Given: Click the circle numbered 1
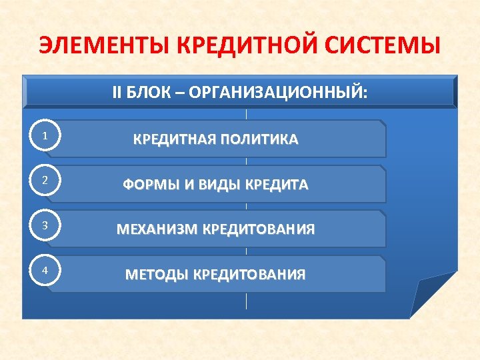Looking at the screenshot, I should point(44,136).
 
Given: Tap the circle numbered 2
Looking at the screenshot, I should point(44,181).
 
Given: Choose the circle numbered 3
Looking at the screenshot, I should point(44,225).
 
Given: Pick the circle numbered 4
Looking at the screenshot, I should point(44,270).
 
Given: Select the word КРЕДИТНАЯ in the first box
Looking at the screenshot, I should point(175,140).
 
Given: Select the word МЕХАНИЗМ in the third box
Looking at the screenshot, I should point(157,230).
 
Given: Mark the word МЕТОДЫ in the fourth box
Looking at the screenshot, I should point(157,275).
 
